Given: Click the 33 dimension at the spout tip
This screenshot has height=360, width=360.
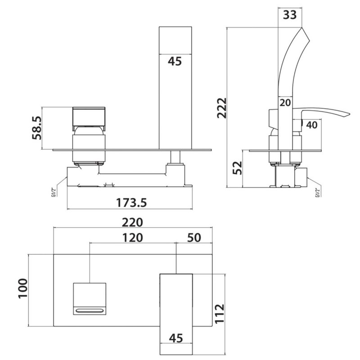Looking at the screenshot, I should click(x=289, y=14).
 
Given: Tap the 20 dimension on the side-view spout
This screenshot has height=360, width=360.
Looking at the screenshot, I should click(x=284, y=103).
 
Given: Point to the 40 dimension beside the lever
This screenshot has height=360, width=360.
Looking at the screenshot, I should click(x=312, y=125).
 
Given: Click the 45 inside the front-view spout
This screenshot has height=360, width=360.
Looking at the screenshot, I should click(x=175, y=61).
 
